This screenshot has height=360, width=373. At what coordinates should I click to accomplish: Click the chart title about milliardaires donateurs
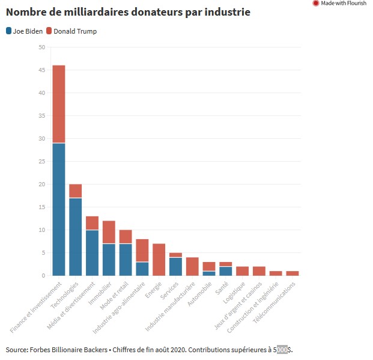point(128,12)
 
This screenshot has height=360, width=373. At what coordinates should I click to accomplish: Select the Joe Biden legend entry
point(25,31)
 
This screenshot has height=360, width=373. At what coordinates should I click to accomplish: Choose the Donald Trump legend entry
point(74,31)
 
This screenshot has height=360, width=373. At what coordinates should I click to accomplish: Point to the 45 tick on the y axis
point(41,70)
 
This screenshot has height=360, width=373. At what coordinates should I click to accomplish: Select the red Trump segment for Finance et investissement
point(59,104)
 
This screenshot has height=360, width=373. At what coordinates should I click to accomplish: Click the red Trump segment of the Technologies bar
point(76,191)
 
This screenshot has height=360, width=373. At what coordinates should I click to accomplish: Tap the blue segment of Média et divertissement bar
point(92,252)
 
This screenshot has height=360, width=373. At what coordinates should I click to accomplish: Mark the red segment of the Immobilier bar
point(109,232)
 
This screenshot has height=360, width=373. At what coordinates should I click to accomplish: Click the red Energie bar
point(159,260)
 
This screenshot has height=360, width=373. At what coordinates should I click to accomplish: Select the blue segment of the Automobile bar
point(208,273)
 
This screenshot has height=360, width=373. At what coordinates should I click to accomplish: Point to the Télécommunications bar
point(292,273)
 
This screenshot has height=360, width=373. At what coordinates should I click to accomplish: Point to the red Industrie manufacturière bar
point(192,266)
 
